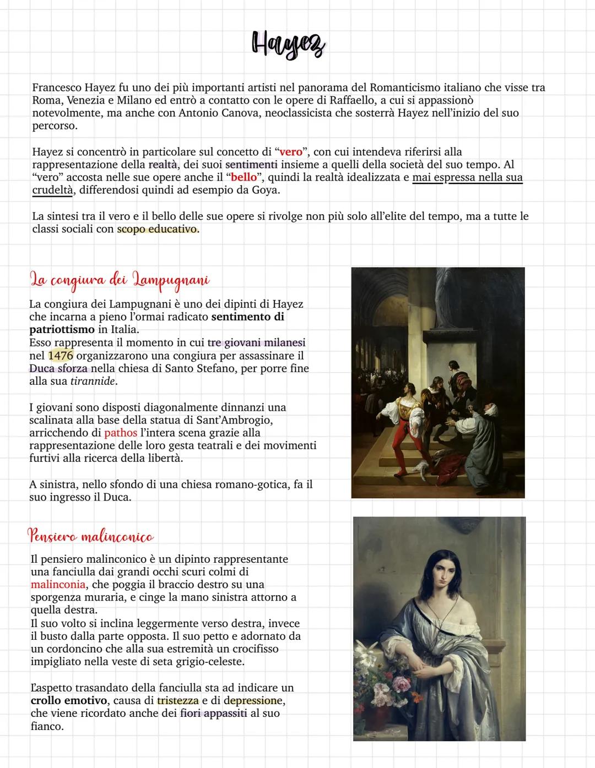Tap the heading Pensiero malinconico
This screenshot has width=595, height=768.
pos(90,536)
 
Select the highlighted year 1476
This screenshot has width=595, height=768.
pos(61,356)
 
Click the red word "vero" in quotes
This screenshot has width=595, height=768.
pos(290,152)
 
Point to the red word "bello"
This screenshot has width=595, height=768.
pos(242,177)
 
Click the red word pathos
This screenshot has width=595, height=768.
pos(121,433)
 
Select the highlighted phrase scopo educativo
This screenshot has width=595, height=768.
pos(157,229)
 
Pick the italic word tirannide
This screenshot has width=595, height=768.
pos(93,381)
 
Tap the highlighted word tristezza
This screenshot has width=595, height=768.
pos(177,701)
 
